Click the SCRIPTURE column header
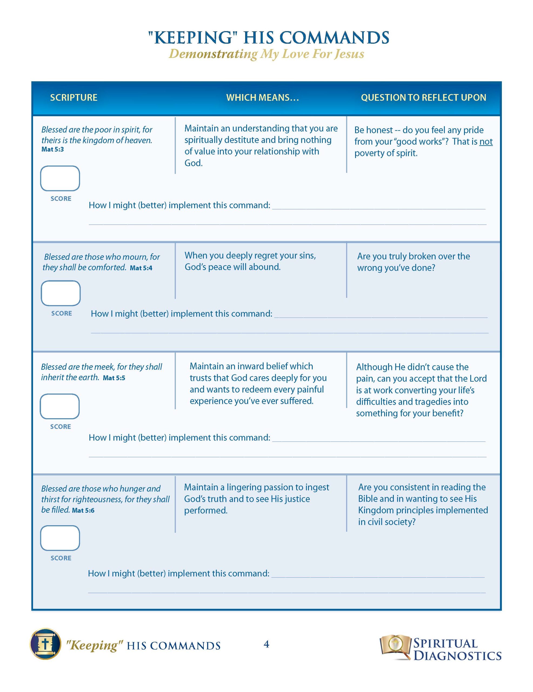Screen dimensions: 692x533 point(74,97)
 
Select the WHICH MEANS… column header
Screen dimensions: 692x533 point(262,97)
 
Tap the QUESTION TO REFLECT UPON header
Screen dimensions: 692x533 point(423,97)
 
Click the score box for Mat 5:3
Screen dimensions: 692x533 point(60,178)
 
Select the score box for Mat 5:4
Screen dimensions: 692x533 point(61,293)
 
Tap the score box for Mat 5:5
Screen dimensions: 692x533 point(59,406)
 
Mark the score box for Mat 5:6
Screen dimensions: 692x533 point(60,538)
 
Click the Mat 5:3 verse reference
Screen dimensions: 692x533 point(53,149)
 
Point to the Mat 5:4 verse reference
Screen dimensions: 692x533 point(141,268)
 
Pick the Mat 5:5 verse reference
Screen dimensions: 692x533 point(114,378)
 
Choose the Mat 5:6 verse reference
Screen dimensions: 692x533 point(83,510)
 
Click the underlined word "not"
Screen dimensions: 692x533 point(486,142)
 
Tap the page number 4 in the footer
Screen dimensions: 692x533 point(266,644)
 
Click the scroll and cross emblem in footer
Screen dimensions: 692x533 point(45,644)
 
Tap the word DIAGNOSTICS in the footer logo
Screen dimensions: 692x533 point(457,656)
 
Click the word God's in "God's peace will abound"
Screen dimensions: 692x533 point(195,267)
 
